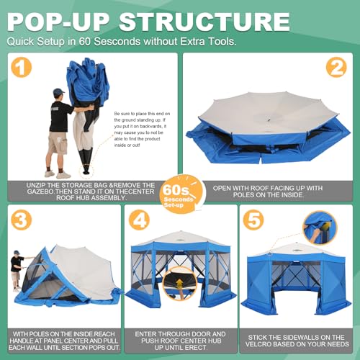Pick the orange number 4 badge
pyautogui.click(x=140, y=220)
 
